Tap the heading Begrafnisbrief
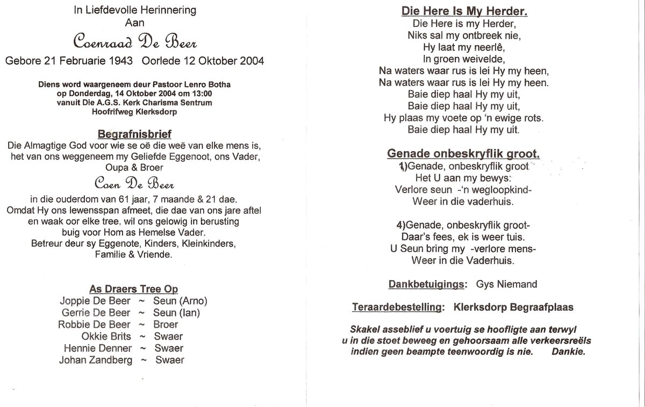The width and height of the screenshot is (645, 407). [134, 133]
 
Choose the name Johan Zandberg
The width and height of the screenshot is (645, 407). [96, 360]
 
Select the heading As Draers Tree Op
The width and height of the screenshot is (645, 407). [134, 289]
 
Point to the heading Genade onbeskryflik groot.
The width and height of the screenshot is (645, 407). [463, 154]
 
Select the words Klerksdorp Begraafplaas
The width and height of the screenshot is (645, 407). [513, 308]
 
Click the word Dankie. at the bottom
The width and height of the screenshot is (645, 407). [569, 352]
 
